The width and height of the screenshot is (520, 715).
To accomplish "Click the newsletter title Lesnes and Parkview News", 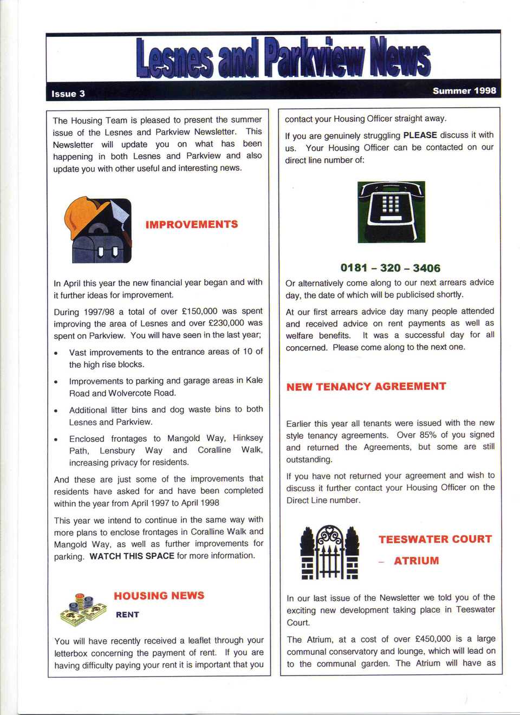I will click(283, 58).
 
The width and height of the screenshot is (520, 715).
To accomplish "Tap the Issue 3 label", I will click(68, 94).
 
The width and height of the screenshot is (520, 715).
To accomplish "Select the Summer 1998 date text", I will click(464, 90).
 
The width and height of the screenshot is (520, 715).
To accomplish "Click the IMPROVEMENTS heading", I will click(191, 224).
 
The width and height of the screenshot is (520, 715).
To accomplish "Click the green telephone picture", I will click(391, 212).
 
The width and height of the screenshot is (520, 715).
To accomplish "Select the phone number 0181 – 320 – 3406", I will click(390, 268).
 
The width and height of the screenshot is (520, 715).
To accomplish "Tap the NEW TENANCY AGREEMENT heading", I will click(366, 386).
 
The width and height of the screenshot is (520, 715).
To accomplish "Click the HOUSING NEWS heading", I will click(159, 595).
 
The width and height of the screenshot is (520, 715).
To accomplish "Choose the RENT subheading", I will click(127, 615).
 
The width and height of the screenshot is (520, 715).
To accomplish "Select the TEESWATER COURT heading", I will click(435, 539).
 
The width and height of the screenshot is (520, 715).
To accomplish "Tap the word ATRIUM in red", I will click(416, 561).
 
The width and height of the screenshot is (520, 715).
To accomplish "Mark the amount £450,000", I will click(433, 639).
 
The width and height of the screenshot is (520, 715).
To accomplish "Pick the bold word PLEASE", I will click(420, 135).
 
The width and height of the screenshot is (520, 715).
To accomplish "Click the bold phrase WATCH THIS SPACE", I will click(132, 556).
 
